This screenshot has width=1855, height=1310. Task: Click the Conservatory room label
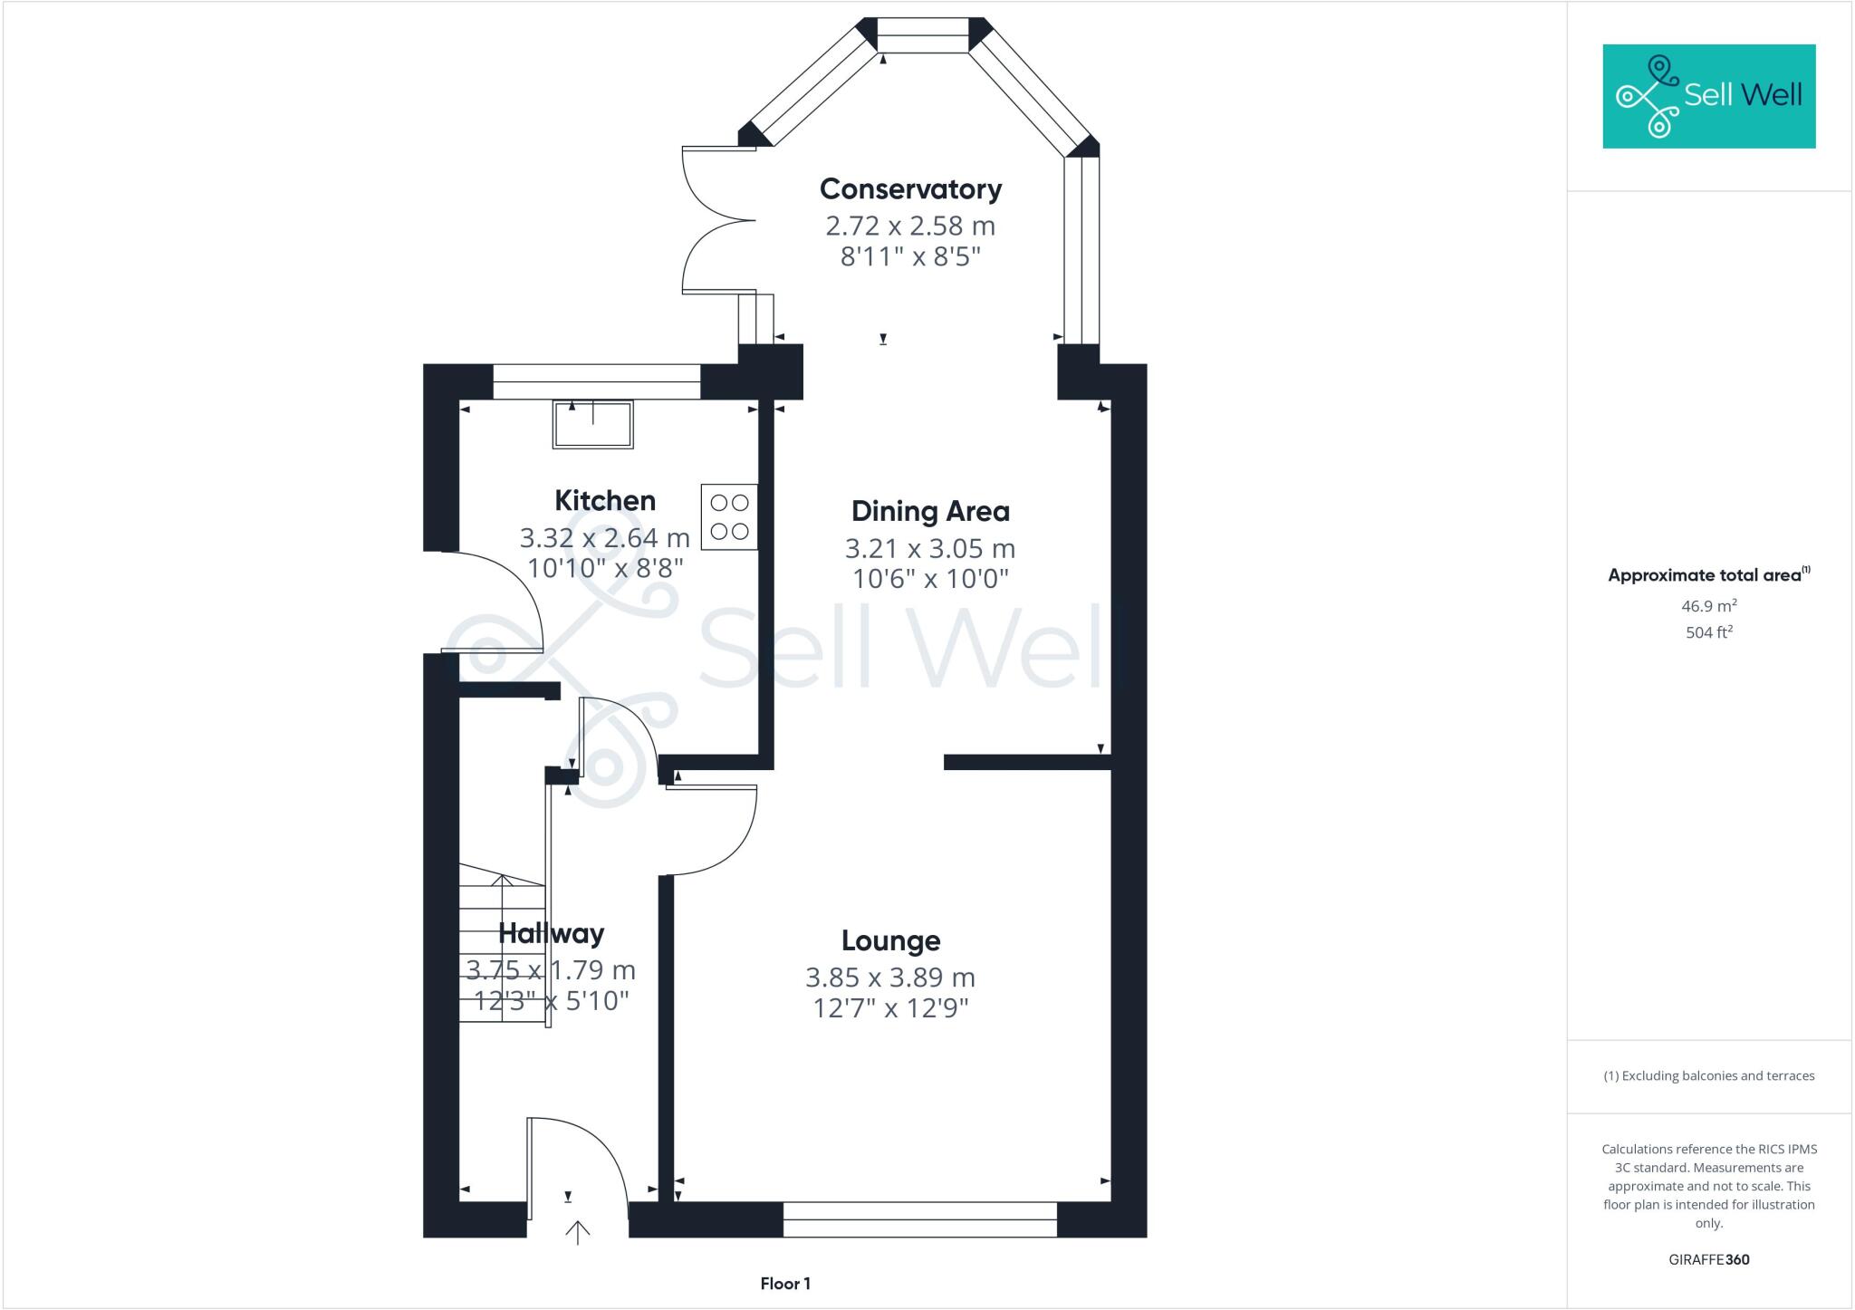tap(910, 189)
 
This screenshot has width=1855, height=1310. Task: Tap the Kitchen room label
tap(604, 501)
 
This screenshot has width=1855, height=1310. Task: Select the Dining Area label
tap(930, 512)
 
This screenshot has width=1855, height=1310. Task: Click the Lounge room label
tap(890, 941)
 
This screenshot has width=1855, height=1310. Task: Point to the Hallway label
tap(551, 934)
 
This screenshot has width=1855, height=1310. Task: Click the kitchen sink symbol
tap(592, 425)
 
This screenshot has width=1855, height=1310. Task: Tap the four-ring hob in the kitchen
tap(729, 517)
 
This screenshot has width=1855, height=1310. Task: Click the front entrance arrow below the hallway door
tap(578, 1232)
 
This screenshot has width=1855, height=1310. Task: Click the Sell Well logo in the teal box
tap(1708, 96)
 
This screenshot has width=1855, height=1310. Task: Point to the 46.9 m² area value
tap(1708, 606)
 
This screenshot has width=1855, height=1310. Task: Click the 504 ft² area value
tap(1708, 632)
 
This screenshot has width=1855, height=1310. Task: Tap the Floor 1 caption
tap(785, 1284)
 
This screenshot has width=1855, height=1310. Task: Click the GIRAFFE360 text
tap(1708, 1259)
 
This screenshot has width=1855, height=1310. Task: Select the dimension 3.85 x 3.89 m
tap(889, 978)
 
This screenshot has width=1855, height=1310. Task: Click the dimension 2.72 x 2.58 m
tap(909, 226)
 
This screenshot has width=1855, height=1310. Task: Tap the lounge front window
tap(919, 1219)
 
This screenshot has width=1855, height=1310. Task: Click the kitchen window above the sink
tap(596, 382)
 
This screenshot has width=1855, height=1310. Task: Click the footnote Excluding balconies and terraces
tap(1708, 1076)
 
